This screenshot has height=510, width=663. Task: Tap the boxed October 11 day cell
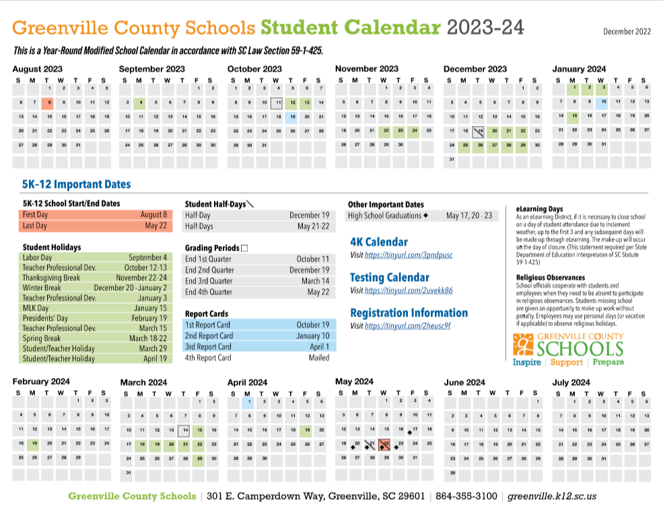(277, 102)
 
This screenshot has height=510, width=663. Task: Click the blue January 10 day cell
(604, 102)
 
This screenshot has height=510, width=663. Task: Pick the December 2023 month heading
(475, 69)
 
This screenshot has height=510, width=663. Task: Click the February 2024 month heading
(41, 382)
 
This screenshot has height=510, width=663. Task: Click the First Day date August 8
(153, 215)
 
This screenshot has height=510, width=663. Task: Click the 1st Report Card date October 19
(313, 325)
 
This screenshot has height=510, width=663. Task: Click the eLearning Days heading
(539, 209)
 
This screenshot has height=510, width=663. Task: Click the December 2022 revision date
(627, 32)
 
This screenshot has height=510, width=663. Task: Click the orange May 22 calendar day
(384, 444)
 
